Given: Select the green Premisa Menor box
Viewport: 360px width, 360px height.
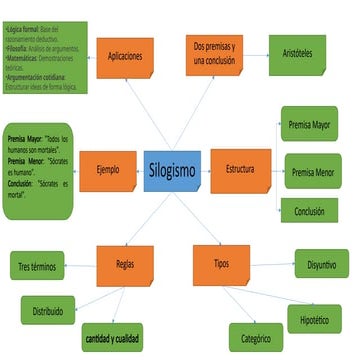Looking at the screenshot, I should pos(316,172).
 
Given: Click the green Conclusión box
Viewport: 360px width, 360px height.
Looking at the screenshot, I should pos(309,211).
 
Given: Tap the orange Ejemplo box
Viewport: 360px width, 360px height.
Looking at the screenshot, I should pos(107,170).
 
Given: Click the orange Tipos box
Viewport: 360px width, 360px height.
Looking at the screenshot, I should pos(220,265).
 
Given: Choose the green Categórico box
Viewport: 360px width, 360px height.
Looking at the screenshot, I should pos(257,338).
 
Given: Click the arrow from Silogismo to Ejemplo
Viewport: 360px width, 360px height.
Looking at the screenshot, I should pos(139,170).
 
